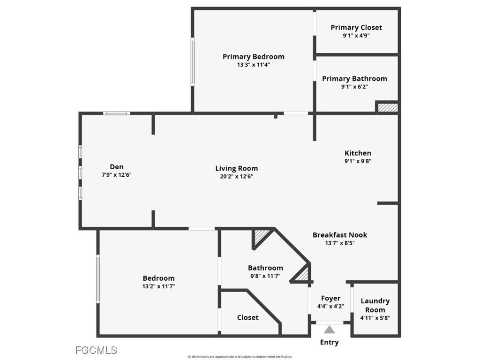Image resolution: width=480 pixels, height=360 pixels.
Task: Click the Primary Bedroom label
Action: tap(253, 57)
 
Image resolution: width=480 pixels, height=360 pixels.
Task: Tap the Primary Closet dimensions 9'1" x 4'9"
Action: tap(356, 35)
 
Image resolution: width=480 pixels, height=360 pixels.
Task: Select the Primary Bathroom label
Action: tap(354, 79)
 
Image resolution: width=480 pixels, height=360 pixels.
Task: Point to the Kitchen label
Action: tap(358, 153)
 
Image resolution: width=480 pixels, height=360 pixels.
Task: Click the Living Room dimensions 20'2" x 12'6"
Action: tap(236, 176)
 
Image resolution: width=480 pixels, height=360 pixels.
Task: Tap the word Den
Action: tap(117, 167)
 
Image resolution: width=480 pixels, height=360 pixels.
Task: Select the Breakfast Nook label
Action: tap(340, 235)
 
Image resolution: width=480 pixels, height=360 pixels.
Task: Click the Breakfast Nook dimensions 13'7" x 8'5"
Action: tap(340, 243)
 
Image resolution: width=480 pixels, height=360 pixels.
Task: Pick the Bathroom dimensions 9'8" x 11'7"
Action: tap(265, 276)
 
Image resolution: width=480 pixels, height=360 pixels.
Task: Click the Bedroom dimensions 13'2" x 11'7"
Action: tap(158, 286)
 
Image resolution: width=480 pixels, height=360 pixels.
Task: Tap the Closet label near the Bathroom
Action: tap(247, 317)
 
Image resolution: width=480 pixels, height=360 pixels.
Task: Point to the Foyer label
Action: tap(330, 298)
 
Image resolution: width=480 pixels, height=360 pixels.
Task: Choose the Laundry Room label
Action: tap(375, 305)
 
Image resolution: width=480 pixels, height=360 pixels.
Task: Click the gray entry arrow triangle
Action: tap(330, 330)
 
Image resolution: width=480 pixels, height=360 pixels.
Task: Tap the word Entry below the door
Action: tap(329, 342)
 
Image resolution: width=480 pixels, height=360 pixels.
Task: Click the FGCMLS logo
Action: tap(96, 350)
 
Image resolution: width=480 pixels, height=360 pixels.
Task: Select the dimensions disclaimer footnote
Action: tap(240, 357)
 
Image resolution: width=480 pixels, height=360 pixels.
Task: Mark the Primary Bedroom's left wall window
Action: tap(192, 62)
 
